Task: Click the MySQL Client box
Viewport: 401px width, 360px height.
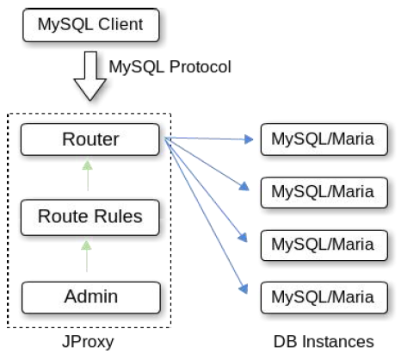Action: click(x=91, y=25)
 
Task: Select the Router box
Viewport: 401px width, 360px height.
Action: click(x=90, y=140)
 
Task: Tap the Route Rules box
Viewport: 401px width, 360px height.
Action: click(x=90, y=217)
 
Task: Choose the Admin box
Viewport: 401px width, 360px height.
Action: click(x=91, y=297)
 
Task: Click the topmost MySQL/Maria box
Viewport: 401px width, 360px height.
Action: click(x=324, y=140)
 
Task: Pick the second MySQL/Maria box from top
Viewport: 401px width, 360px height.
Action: click(x=324, y=193)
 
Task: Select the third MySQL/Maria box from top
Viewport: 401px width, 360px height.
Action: click(x=324, y=245)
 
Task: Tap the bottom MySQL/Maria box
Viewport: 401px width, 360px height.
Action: click(x=324, y=297)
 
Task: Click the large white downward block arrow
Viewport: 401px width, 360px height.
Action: click(x=90, y=76)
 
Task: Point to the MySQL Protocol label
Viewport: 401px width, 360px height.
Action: click(x=170, y=67)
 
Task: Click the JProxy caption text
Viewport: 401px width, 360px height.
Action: click(x=88, y=342)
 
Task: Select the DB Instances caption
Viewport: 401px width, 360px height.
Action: click(x=324, y=341)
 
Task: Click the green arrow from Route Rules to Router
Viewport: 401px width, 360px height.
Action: click(x=88, y=176)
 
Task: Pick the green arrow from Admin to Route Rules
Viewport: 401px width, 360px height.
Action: click(x=86, y=256)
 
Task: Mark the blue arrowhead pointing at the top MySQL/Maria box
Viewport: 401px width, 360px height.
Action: click(x=249, y=140)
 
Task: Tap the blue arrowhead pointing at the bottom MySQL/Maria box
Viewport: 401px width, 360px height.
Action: click(x=244, y=289)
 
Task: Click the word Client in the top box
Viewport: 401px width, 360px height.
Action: click(x=120, y=24)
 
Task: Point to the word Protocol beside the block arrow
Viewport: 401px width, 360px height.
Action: click(x=200, y=67)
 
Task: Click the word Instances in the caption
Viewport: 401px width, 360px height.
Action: click(x=338, y=341)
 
